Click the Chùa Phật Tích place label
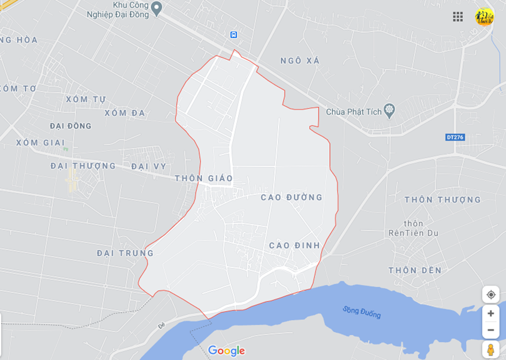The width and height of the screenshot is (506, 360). pos(354,112)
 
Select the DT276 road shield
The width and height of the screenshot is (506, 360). pos(455,137)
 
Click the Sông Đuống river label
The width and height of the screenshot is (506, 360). pos(362,312)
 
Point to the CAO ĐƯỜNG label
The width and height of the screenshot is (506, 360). pos(292,197)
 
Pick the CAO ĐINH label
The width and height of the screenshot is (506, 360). pos(294,246)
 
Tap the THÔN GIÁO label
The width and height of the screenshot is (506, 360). pos(204,179)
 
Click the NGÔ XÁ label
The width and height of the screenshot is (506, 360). pos(300,61)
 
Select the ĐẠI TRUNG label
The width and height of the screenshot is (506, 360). pos(125,253)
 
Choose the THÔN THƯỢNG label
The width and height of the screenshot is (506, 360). pos(442,200)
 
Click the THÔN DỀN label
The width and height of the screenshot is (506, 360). pos(415,271)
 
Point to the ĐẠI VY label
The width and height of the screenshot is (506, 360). pos(149,166)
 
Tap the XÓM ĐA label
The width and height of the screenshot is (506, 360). pos(125,113)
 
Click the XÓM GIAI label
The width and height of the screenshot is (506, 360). pos(41,142)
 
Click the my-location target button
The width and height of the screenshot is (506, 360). pos(491,294)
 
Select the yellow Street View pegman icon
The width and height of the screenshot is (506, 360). pos(491,349)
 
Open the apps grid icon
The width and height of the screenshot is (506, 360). pos(458,17)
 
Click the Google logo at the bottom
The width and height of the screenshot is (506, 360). pos(226,351)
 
